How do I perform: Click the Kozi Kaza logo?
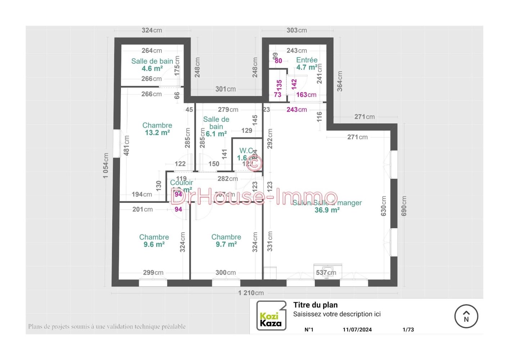click(271, 316)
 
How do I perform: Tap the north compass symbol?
click(466, 316)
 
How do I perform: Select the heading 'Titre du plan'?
click(315, 305)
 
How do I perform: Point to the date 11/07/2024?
click(357, 329)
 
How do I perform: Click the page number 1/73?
click(408, 329)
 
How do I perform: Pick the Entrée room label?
click(307, 60)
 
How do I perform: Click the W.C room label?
click(246, 150)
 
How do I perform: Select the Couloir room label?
click(181, 183)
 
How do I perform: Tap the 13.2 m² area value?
click(157, 133)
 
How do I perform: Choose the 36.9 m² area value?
click(327, 210)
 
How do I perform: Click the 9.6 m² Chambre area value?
click(154, 244)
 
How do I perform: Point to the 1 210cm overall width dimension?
click(251, 293)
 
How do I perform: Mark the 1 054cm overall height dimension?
click(105, 165)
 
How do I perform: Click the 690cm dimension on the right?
click(404, 206)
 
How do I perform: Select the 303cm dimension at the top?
click(297, 30)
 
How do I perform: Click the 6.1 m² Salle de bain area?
click(216, 134)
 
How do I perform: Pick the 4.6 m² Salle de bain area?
click(152, 68)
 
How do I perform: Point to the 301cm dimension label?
click(225, 89)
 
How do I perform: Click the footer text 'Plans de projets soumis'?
click(107, 327)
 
